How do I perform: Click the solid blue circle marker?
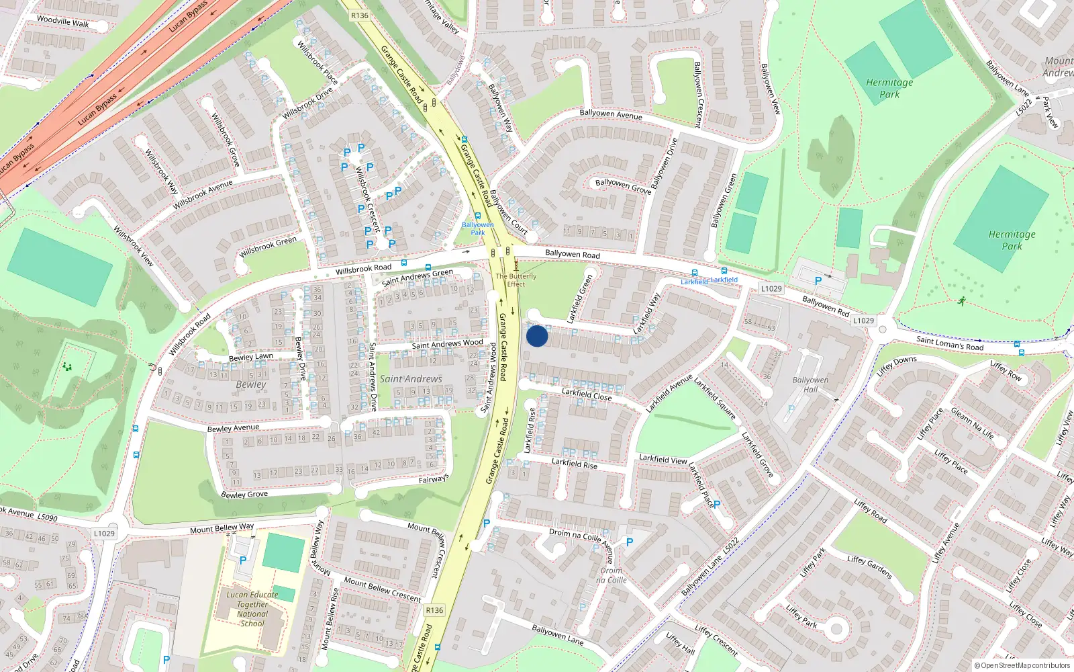pos(537,336)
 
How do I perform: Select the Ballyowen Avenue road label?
pos(611,114)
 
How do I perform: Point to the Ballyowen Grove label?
pos(623,186)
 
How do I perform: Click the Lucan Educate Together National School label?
pos(252,609)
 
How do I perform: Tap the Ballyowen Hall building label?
pos(810,384)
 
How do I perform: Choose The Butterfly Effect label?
pos(516,280)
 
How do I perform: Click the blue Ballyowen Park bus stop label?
pos(477,228)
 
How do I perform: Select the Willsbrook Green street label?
pos(268,247)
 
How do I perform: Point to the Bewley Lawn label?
pos(251,357)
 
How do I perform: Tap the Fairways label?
pos(434,479)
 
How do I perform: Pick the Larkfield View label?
pos(663,459)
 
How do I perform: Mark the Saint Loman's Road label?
pos(950,343)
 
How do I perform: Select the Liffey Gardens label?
pos(869,567)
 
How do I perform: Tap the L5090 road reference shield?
pos(47,517)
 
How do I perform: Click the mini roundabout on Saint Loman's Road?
pos(883,329)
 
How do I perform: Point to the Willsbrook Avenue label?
pos(203,195)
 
